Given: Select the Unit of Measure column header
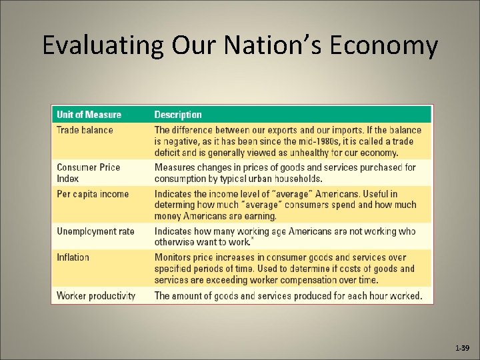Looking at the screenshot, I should click(89, 115).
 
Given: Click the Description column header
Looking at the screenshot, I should click(178, 115).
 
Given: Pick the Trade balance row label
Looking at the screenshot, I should click(85, 130).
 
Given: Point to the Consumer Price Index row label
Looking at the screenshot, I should click(88, 173).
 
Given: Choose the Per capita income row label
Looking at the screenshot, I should click(93, 194).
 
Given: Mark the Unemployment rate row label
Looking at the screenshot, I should click(95, 231).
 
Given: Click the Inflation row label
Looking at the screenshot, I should click(73, 257).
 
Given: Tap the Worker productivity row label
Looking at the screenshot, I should click(96, 295).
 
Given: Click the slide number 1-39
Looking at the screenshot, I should click(461, 348).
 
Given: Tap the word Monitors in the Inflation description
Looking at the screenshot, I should click(175, 257).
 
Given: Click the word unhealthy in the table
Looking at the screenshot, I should click(293, 153).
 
